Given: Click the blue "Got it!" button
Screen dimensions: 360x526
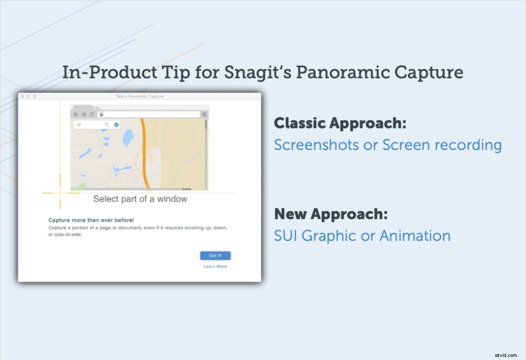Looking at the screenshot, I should [x=215, y=256].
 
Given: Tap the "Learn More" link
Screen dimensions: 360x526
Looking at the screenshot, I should [x=215, y=267].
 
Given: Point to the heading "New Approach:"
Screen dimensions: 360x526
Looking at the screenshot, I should [x=331, y=214].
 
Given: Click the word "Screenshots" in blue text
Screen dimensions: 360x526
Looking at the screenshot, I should [x=316, y=145].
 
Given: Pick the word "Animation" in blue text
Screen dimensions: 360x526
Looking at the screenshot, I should [x=415, y=236].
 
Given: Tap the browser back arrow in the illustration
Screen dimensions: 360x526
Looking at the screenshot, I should [x=76, y=115].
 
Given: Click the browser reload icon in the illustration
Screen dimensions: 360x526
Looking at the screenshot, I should [x=92, y=115].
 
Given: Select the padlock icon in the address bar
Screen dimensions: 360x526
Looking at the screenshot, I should [x=101, y=115].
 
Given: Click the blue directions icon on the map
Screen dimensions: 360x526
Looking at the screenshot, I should [x=117, y=125].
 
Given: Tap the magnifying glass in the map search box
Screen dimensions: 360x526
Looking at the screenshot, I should [x=107, y=125].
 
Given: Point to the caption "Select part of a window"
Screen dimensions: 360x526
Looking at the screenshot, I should [x=140, y=199].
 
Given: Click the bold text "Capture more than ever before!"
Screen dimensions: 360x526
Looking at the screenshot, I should [x=91, y=220].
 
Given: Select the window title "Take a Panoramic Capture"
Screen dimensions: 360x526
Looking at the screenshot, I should [x=140, y=96].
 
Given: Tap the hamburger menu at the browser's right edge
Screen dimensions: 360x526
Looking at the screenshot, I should [x=204, y=115].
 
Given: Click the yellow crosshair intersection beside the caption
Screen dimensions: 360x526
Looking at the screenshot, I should [x=61, y=193].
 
